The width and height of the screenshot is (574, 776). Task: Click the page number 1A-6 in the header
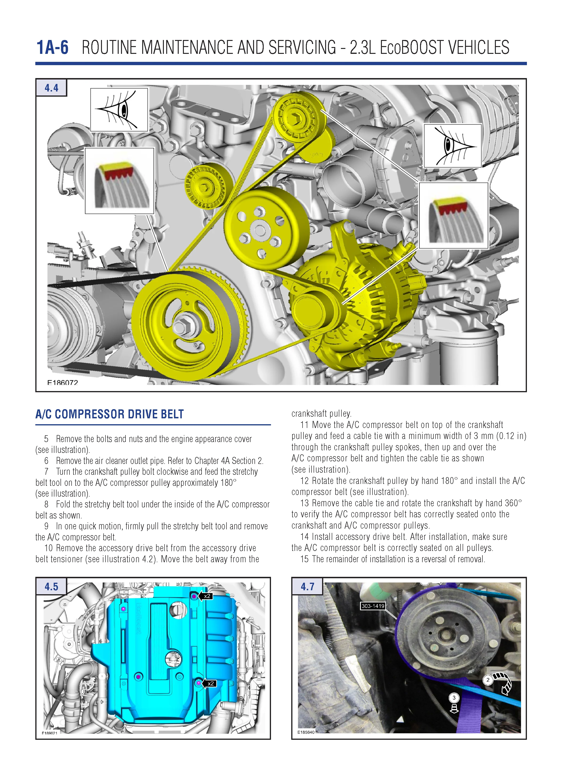tap(53, 48)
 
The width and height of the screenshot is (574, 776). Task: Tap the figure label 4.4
tap(51, 88)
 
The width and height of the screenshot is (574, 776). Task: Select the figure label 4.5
tap(51, 586)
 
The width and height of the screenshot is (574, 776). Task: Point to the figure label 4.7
tap(307, 586)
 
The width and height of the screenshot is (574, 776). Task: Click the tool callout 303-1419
tap(373, 606)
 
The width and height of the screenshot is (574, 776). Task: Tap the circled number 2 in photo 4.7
tap(488, 680)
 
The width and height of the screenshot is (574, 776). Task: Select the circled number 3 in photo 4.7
tap(454, 697)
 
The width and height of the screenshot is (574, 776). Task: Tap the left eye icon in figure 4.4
tap(119, 110)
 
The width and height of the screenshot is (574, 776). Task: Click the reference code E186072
tap(63, 382)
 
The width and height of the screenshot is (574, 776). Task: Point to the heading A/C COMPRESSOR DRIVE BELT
tap(109, 414)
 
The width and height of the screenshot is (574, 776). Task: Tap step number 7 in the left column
tap(46, 472)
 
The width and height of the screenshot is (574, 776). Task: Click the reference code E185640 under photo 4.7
tap(306, 732)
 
